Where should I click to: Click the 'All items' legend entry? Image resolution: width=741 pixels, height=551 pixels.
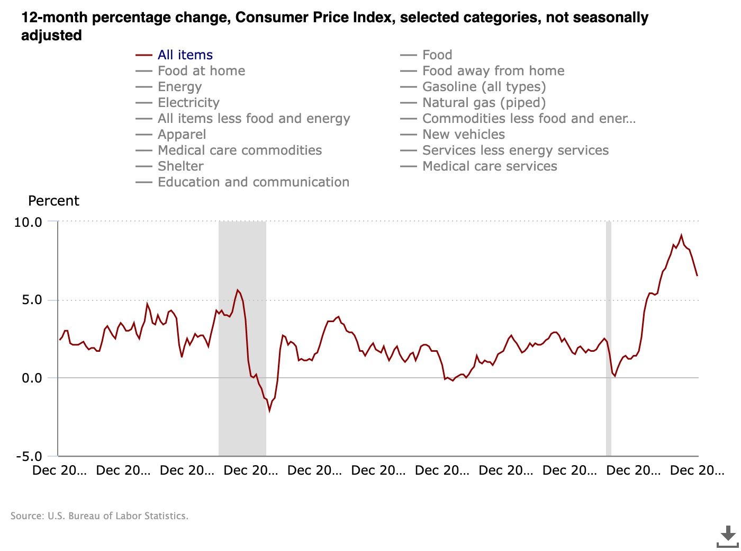tap(185, 55)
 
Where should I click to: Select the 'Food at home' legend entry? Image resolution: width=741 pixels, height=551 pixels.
tap(201, 71)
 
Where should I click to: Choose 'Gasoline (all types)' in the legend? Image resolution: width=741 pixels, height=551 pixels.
tap(484, 87)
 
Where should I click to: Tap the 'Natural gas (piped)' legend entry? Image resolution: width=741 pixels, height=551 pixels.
tap(484, 103)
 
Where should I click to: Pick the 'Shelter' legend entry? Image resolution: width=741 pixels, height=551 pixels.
tap(180, 166)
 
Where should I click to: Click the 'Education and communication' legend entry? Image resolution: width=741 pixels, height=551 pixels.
tap(253, 182)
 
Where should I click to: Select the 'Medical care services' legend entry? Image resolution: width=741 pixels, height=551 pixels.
tap(490, 166)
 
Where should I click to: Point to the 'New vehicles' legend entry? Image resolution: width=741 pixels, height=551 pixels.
tap(464, 135)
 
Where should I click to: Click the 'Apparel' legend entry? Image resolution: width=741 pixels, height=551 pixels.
tap(182, 135)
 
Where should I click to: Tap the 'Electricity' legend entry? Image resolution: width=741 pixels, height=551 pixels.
tap(188, 103)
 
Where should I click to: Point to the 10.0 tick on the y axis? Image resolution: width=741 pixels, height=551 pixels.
tap(28, 222)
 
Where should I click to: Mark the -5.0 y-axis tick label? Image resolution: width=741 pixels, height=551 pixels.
tap(29, 457)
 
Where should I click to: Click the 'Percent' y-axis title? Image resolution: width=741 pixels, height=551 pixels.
tap(53, 201)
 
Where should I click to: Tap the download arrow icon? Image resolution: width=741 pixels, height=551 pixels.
tap(728, 536)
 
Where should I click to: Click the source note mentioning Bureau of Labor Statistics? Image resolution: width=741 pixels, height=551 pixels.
tap(100, 516)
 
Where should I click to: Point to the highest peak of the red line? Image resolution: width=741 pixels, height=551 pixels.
tap(681, 235)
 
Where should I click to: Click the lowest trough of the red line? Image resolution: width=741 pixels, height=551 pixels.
tap(269, 411)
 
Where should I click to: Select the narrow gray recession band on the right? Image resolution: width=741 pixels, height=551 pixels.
tap(609, 339)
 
